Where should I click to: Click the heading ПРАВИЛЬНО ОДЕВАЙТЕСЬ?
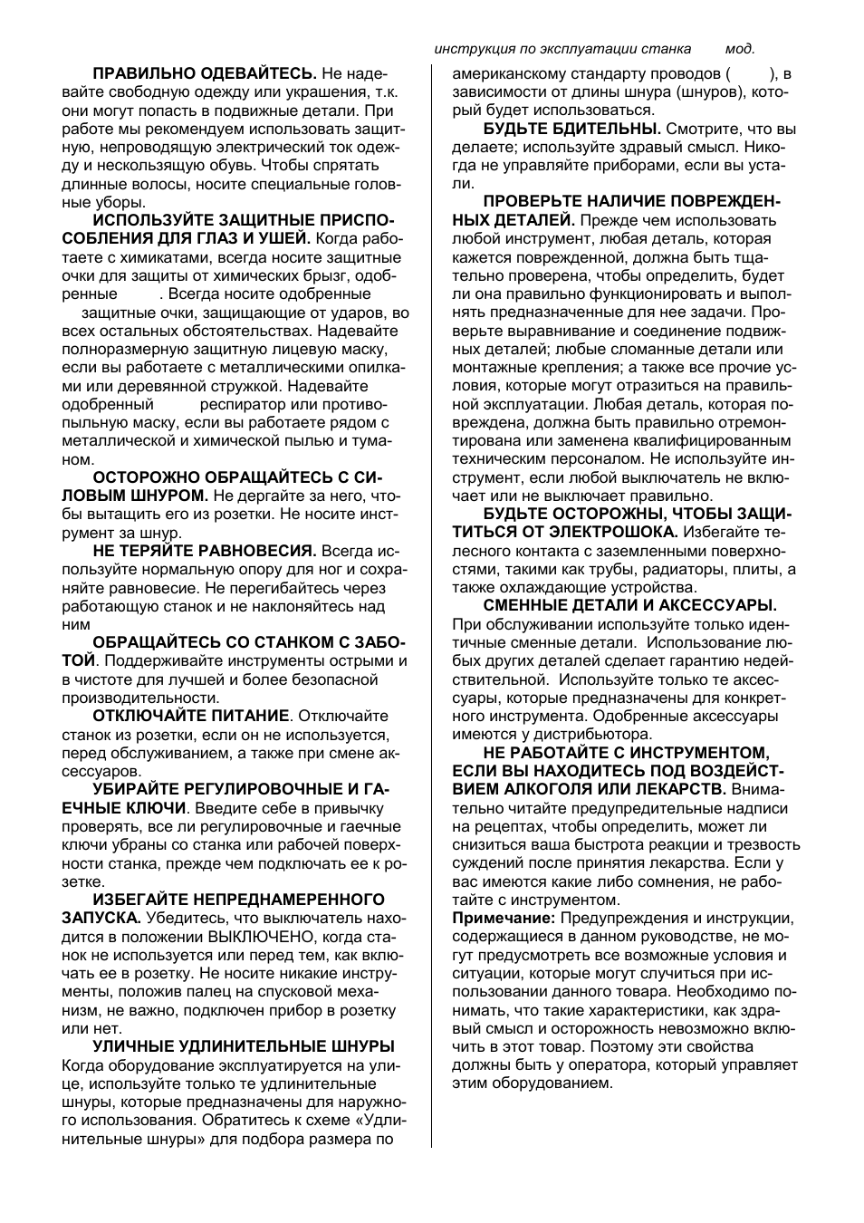[205, 73]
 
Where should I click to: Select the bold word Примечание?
[504, 919]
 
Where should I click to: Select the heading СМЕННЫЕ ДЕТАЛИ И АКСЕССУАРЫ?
[629, 605]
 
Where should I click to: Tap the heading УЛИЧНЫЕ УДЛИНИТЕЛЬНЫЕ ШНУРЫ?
[244, 1046]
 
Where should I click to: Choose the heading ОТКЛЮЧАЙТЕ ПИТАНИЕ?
[191, 716]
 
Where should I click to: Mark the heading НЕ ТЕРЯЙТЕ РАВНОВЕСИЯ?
[205, 551]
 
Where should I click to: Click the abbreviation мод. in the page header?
[740, 49]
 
